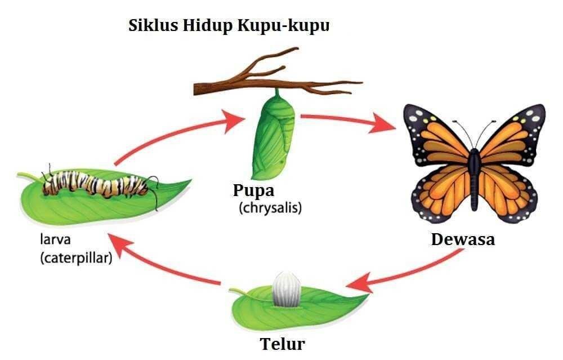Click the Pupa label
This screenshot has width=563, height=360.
253,191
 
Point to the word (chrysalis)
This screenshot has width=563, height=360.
270,208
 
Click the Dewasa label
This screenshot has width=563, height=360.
463,239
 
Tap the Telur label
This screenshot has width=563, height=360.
283,344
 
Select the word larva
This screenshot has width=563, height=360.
55,239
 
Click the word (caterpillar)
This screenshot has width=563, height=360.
76,258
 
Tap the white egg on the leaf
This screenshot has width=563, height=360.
286,290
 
